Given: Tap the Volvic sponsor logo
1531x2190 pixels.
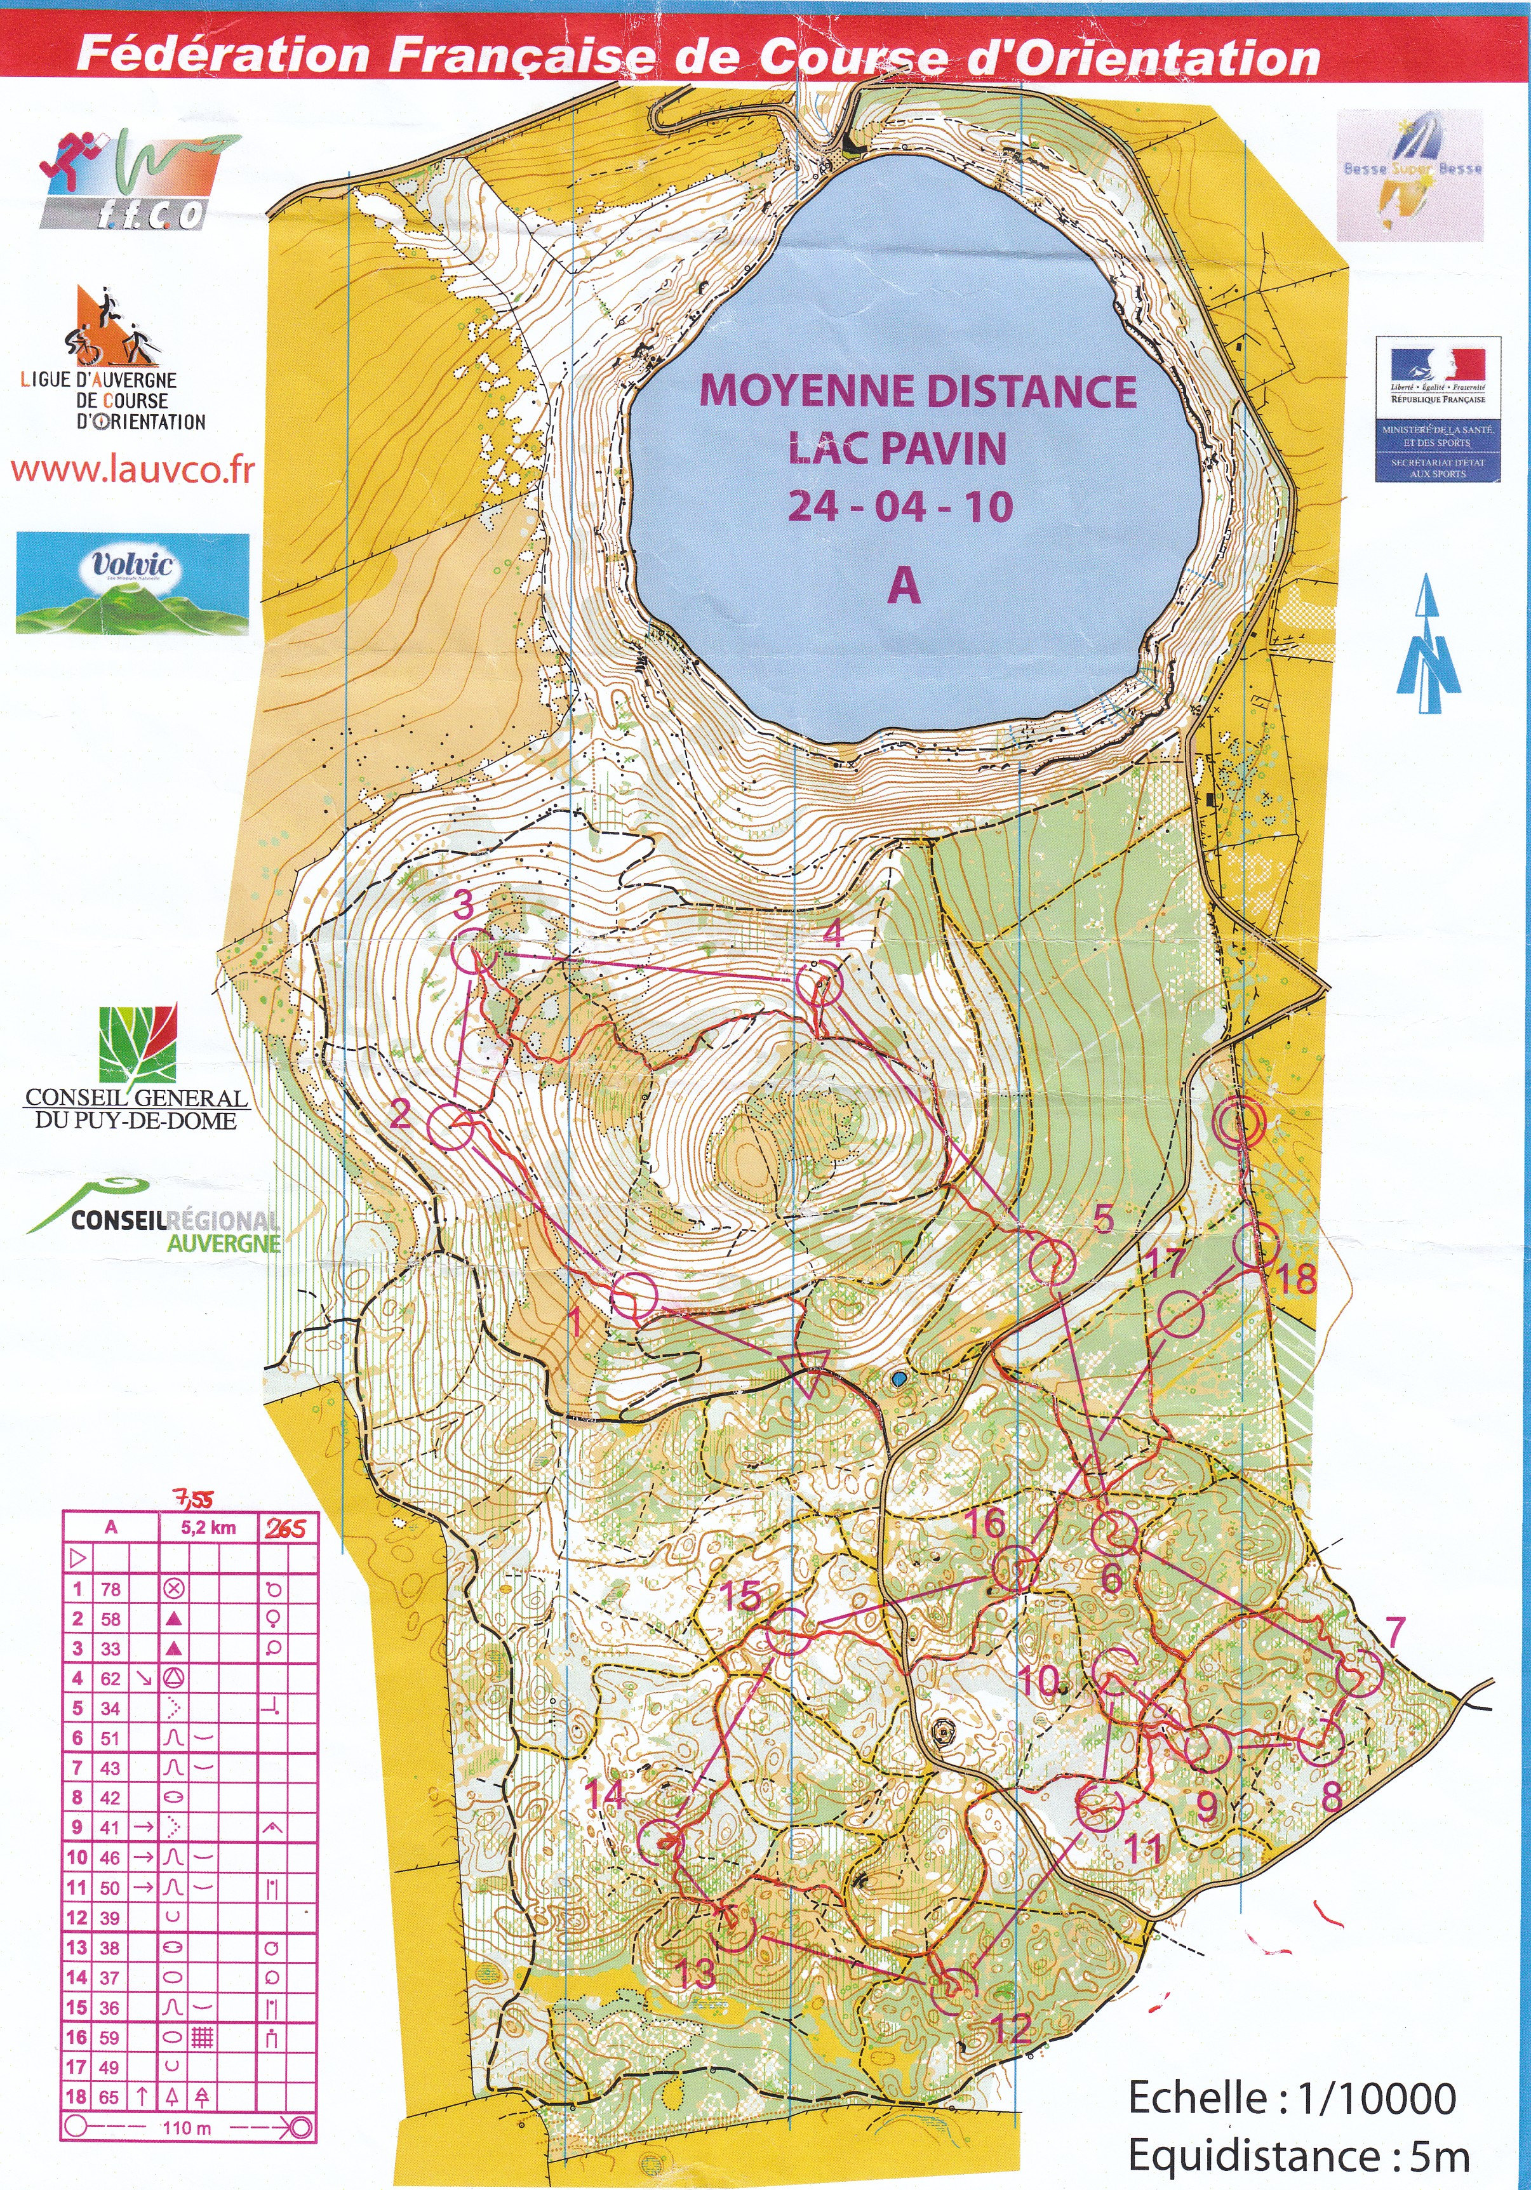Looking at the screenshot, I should pos(133,584).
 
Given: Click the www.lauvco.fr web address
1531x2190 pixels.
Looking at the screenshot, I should pos(133,471).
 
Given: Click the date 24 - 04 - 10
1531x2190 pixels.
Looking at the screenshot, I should pos(900,507).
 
